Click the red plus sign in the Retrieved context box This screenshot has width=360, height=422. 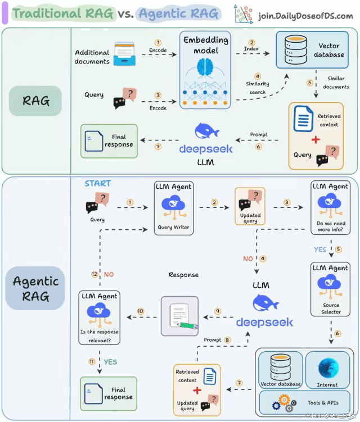tap(316, 139)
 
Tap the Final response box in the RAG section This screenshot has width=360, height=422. tap(109, 140)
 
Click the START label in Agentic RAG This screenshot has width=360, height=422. tap(98, 183)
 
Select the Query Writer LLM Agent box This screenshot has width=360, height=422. tap(174, 208)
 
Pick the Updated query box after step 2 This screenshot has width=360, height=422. tap(250, 207)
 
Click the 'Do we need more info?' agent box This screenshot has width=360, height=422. tap(330, 208)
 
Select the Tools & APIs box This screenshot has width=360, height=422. tap(304, 402)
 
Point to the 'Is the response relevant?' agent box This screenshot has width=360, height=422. tap(99, 317)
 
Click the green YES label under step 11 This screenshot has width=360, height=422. tap(110, 362)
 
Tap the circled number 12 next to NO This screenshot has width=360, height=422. tap(94, 274)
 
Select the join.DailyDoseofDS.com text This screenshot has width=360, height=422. tap(305, 15)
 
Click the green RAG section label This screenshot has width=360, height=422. tap(36, 101)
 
